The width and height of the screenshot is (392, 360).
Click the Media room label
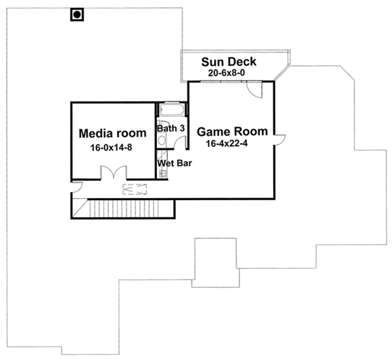point(112,134)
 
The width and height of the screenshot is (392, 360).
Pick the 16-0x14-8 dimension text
point(112,148)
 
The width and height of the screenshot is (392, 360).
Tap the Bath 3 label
point(172,129)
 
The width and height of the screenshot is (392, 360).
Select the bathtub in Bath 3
point(172,109)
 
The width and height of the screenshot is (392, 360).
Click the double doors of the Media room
point(112,173)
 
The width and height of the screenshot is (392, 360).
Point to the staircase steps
point(124,209)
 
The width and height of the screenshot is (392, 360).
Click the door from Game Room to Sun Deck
point(255,90)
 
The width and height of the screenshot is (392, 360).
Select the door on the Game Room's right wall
point(280,137)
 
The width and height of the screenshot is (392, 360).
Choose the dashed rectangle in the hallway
point(135,189)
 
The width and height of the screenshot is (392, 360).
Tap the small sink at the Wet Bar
point(162,174)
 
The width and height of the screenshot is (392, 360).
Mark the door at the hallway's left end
point(76,188)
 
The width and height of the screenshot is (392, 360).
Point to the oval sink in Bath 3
point(161,139)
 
